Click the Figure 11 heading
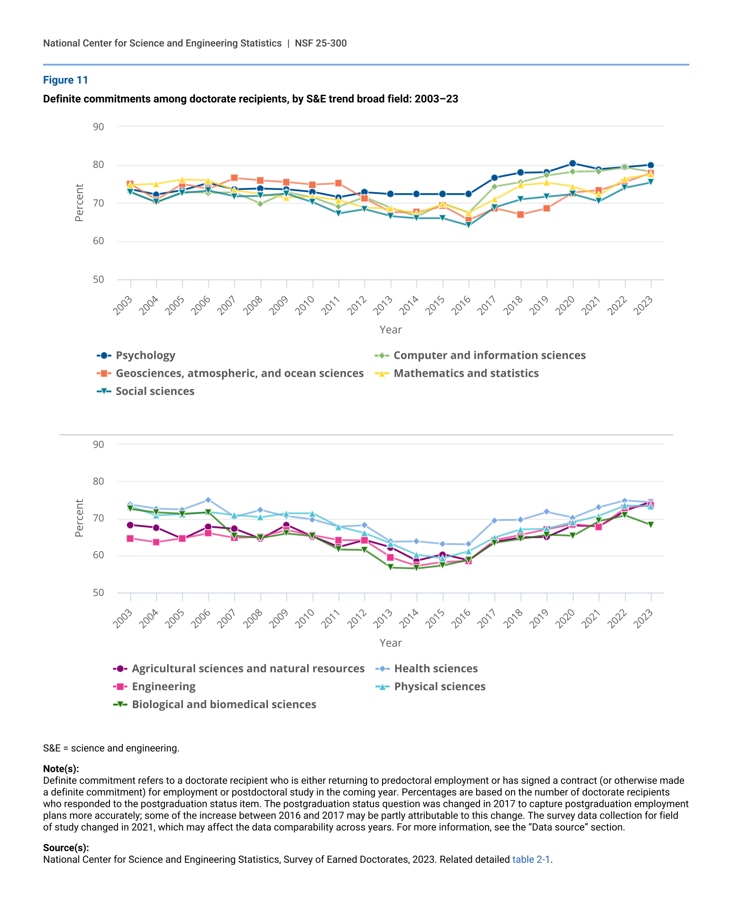65,80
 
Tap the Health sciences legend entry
436,669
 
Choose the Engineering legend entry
163,686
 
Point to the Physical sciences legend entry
439,686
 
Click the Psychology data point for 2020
573,164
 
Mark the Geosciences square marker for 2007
234,178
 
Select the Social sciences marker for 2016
469,225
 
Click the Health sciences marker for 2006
208,500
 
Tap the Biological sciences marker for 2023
651,525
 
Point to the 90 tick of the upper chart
99,127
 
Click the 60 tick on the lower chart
99,555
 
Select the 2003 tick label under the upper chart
123,305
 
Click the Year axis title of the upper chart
390,330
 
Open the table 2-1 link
531,859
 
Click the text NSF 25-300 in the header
321,43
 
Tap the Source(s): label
66,848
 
